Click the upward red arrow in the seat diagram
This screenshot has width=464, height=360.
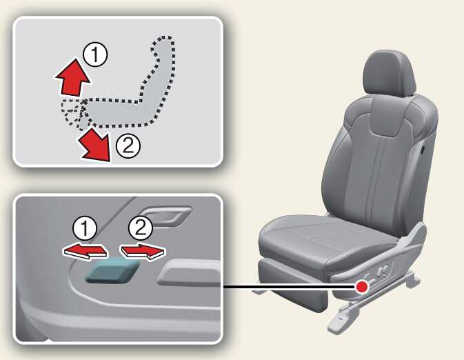tap(73, 77)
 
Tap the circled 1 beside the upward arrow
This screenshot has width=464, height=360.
tap(95, 54)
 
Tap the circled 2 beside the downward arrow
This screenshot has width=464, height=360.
tap(128, 146)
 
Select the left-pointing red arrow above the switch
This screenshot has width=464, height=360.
tap(85, 252)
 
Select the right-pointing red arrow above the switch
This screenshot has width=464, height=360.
tap(143, 252)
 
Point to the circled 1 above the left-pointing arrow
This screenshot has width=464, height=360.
tap(85, 229)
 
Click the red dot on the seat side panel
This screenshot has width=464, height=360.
tap(361, 287)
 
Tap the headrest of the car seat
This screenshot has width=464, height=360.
tap(389, 73)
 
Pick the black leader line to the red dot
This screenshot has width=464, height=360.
tap(290, 287)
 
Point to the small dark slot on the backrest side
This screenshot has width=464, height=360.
tap(422, 148)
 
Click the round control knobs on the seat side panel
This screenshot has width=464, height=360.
tap(383, 270)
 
